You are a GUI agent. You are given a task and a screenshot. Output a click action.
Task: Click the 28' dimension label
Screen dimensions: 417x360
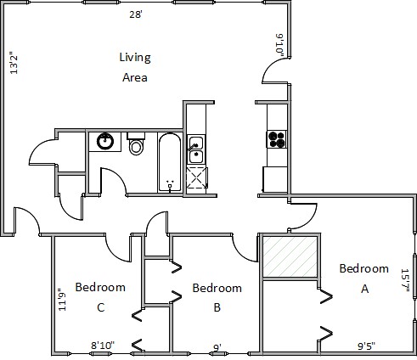tap(136, 14)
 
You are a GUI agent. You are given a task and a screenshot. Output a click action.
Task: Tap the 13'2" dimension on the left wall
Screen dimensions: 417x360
tap(14, 63)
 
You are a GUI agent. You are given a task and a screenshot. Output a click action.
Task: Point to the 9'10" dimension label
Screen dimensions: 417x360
tap(279, 45)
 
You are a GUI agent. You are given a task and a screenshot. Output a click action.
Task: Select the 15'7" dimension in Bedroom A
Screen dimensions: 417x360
tap(405, 280)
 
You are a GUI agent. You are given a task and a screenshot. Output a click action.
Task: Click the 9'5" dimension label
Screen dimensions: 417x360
tap(367, 346)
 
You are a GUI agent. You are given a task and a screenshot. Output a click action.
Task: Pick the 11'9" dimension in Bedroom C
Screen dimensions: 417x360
tap(62, 300)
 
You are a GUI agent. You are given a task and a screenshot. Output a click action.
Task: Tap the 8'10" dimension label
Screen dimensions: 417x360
tap(103, 346)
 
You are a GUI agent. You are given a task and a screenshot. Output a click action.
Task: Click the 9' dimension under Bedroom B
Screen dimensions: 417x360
tap(217, 347)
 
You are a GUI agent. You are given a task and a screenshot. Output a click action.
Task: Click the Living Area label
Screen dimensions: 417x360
tap(135, 67)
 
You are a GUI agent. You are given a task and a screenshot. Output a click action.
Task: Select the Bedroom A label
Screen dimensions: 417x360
tap(364, 278)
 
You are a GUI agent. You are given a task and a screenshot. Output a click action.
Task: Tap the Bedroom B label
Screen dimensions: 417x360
tap(217, 297)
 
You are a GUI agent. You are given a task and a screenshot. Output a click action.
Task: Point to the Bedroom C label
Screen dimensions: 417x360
tap(100, 297)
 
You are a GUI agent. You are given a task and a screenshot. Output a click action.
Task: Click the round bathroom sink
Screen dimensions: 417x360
tap(105, 141)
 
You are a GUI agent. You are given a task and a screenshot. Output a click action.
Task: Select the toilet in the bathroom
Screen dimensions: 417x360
tap(136, 143)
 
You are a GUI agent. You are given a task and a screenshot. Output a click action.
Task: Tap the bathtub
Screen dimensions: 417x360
tap(170, 162)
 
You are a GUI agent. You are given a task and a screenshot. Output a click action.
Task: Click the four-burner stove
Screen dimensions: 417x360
tap(277, 139)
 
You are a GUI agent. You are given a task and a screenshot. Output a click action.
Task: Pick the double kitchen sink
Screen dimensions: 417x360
tap(196, 149)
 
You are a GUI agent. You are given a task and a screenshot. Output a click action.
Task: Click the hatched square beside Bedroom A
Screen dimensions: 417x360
tap(290, 256)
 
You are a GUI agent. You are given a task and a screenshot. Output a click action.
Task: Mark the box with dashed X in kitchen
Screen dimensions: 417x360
tap(197, 177)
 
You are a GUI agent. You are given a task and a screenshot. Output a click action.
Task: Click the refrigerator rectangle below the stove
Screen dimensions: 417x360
tap(275, 179)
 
